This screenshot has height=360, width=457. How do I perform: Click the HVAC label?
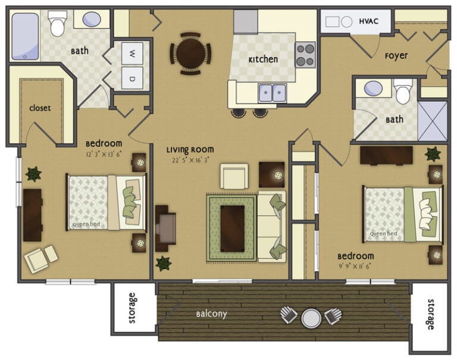(x=369, y=21)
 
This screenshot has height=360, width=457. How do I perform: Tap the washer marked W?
(x=132, y=54)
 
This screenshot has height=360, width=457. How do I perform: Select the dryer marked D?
(x=132, y=78)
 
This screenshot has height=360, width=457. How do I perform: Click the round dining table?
(x=190, y=54)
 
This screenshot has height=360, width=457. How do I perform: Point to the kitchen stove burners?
(x=305, y=55)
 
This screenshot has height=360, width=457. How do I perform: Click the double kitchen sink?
(x=272, y=93)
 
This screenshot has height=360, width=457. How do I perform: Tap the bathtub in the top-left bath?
(x=25, y=36)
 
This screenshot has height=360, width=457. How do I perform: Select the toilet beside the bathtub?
(x=57, y=23)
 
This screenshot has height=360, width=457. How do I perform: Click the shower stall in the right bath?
(x=433, y=121)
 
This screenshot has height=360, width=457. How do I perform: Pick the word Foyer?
(x=396, y=55)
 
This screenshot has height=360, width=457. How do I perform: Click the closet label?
(x=40, y=108)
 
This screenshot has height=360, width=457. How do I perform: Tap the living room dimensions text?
(x=190, y=160)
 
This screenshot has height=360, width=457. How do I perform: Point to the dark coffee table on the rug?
(x=232, y=228)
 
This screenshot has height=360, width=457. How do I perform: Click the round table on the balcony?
(x=311, y=318)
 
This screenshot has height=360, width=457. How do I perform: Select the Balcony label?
(x=212, y=314)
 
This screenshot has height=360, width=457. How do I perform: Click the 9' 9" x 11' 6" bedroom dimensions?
(x=355, y=267)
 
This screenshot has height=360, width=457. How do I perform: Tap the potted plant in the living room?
(x=163, y=263)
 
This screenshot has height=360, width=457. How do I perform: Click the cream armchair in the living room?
(x=234, y=176)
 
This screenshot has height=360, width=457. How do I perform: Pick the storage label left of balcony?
(x=132, y=308)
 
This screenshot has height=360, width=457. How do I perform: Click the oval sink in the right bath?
(x=373, y=88)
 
